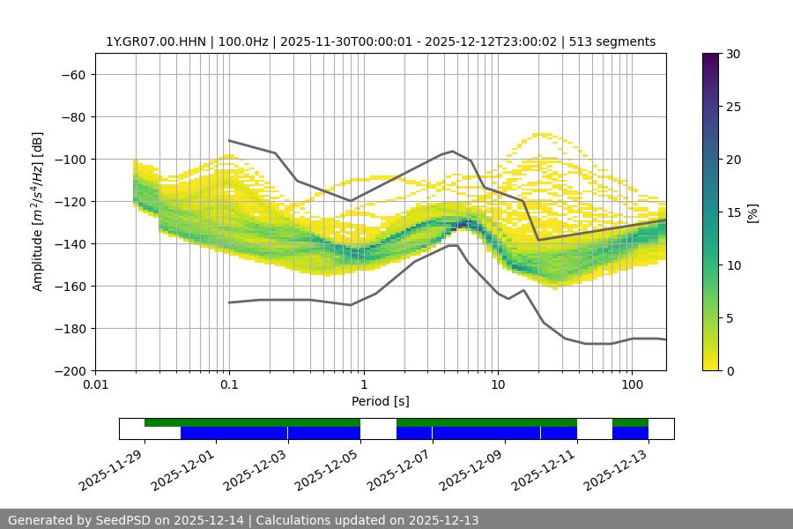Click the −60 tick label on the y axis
(x=72, y=74)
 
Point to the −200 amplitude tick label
(x=69, y=370)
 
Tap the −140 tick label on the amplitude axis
(x=69, y=243)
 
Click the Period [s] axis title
(x=381, y=401)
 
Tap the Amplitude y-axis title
(x=38, y=212)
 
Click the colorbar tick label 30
(x=732, y=54)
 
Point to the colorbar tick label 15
(x=732, y=212)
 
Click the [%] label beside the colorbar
(x=752, y=212)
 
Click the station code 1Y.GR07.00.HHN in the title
(x=153, y=41)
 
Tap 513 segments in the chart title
(x=612, y=41)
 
